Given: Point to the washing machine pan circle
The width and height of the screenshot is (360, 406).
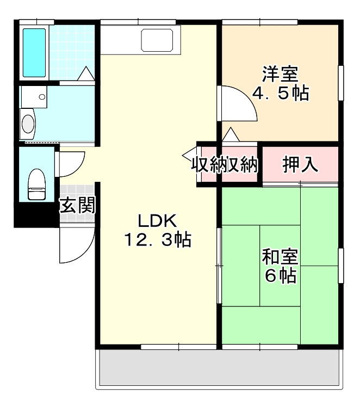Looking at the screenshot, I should pos(42,97).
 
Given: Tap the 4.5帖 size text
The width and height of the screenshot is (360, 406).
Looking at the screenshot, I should pos(281,93).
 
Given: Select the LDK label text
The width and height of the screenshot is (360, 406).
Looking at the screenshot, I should pos(157,221).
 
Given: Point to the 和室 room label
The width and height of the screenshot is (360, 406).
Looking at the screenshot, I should pos(281,256).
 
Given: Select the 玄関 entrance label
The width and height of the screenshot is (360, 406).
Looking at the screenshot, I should pos(77,205).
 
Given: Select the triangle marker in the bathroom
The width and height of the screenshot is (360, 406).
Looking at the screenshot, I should pos(86,73).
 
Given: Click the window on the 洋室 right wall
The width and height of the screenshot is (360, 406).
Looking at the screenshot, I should pos(340,83).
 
